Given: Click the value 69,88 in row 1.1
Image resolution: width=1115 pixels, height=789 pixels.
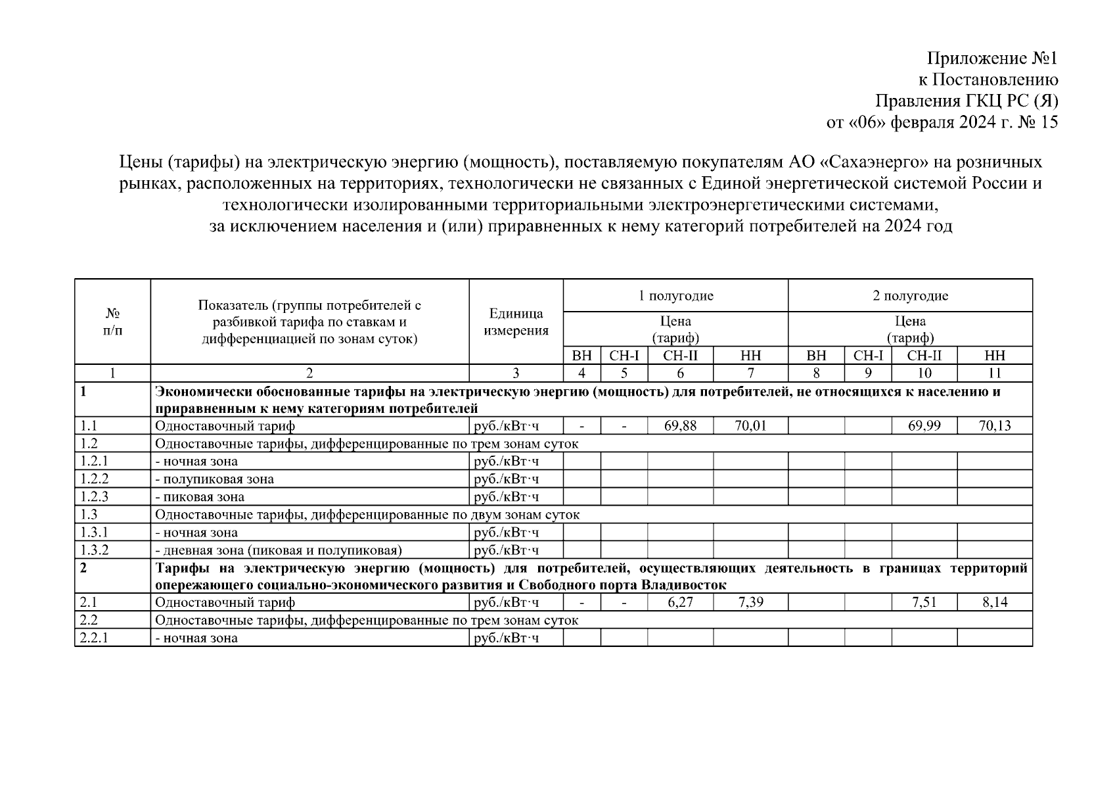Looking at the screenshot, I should tap(680, 426).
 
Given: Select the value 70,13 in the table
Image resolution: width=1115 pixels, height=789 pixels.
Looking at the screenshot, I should tap(995, 426).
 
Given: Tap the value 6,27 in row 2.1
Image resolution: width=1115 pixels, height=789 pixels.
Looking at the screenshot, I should tap(680, 602).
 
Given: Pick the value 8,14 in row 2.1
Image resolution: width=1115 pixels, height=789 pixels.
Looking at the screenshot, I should tap(995, 602).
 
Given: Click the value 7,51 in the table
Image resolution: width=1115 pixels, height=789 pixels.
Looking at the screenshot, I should tap(924, 602).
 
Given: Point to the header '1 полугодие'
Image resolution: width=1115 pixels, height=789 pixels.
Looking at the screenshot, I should tap(675, 296).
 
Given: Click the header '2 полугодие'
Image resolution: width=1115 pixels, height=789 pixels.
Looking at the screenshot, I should tap(910, 296).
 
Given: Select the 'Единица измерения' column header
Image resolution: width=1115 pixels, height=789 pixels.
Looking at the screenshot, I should tap(516, 322).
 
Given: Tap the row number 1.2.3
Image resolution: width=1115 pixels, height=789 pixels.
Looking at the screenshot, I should tap(94, 497).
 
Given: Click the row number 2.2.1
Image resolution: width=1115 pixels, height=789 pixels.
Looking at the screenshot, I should tap(94, 638).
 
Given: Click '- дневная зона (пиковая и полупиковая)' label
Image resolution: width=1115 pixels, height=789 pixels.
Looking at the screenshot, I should tap(278, 550).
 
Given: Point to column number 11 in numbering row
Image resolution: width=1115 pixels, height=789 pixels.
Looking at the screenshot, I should tap(995, 373).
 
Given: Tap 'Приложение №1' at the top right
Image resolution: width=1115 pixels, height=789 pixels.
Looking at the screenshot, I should tap(992, 59).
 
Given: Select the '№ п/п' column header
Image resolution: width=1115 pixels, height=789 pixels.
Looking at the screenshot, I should tap(112, 322).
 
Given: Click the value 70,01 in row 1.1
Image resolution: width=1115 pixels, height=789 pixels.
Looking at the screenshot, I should tap(750, 426).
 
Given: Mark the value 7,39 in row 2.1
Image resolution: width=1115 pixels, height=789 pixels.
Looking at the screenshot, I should tap(750, 602).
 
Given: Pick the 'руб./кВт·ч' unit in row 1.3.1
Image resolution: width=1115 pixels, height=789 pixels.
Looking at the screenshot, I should tap(506, 533).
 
